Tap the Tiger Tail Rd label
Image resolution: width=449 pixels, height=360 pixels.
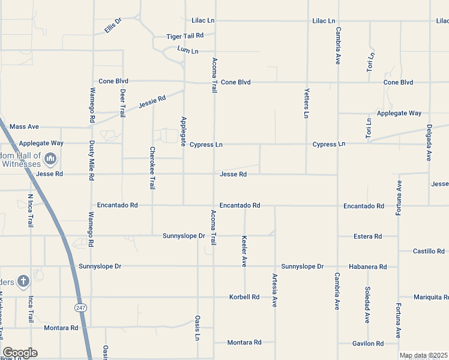coord(185,36)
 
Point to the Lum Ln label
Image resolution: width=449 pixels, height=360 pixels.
coord(188,50)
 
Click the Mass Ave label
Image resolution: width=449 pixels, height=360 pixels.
coord(24,127)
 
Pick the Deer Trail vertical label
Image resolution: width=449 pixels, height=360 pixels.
coord(123,103)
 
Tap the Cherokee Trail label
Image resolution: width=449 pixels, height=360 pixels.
coord(152,168)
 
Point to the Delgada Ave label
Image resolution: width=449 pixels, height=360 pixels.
coord(429,142)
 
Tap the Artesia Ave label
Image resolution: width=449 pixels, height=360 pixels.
coord(275,289)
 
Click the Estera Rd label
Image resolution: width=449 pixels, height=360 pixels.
coord(367,236)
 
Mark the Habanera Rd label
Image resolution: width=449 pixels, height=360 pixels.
coord(367,266)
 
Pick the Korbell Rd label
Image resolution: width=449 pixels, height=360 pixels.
coord(244,297)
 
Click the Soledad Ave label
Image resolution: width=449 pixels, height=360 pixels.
coord(367,305)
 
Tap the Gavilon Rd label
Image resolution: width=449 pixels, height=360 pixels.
coord(367,344)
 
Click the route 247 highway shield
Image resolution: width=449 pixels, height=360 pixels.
coord(80,308)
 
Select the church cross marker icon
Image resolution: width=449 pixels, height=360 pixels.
coord(23,281)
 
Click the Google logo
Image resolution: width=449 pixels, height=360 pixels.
coord(20,353)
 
